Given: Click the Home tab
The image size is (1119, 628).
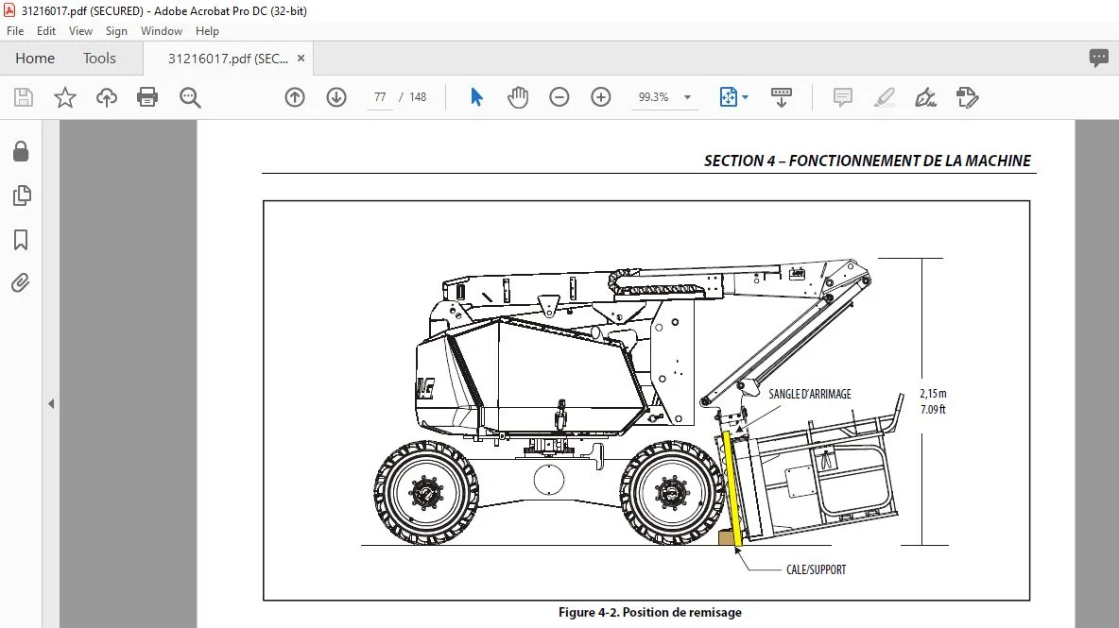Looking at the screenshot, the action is pos(35,59).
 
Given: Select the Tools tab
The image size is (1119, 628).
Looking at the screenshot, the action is pos(99,59).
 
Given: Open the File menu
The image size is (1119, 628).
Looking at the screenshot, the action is pos(15,30).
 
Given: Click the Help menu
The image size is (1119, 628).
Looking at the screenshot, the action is pos(207,30).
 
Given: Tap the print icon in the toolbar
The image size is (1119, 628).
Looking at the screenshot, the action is pos(147,97).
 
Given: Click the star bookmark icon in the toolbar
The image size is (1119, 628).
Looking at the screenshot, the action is pos(65,97).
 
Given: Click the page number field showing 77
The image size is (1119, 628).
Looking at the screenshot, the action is pos(380,97).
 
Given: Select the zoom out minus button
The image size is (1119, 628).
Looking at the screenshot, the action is pos(559,97).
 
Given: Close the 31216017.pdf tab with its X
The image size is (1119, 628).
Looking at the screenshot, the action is pos(301,59).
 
